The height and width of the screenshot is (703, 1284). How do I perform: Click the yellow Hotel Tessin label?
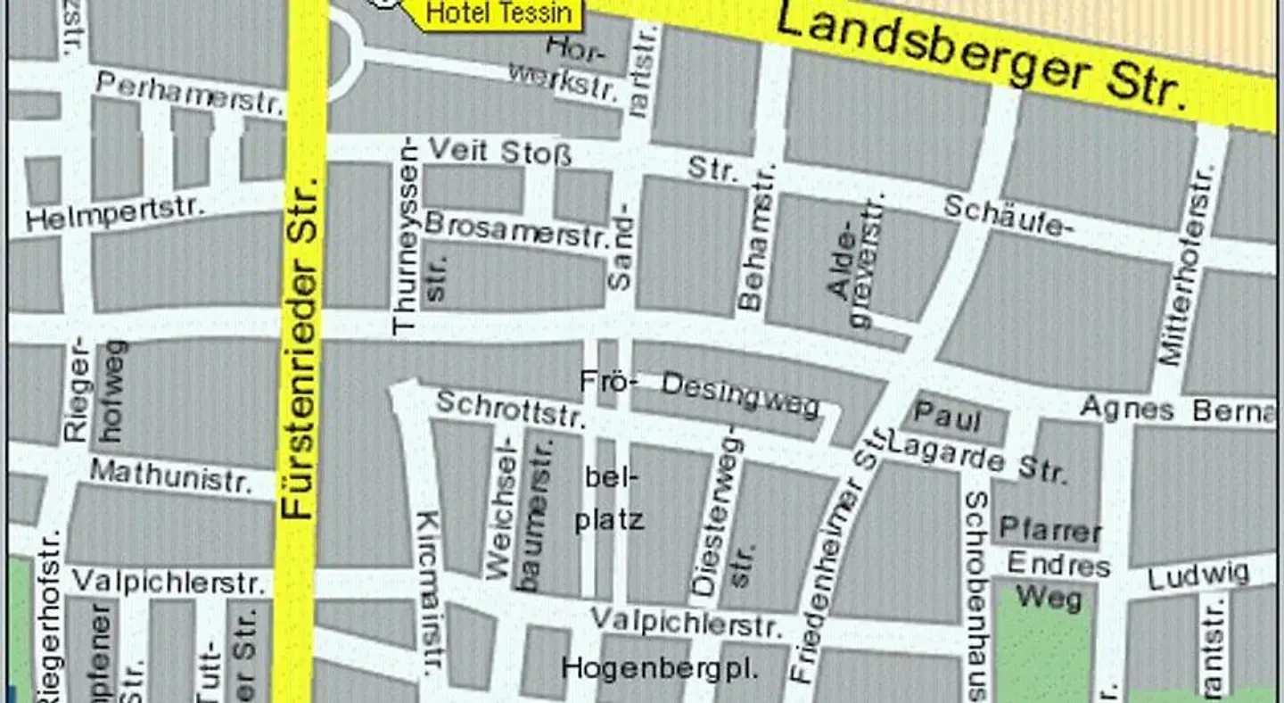487,12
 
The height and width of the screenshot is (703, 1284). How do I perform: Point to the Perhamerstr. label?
189,94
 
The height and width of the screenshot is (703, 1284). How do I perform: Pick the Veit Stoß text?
499,153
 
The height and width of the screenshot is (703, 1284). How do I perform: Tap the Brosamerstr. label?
516,228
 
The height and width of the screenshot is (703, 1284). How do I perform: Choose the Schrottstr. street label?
511,409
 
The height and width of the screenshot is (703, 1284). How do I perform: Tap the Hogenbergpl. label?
660,667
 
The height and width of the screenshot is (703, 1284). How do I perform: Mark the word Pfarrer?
1049,530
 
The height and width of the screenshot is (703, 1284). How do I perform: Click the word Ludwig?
1198,575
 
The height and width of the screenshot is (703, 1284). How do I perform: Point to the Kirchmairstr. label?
430,593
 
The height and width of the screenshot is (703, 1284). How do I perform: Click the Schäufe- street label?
1005,217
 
